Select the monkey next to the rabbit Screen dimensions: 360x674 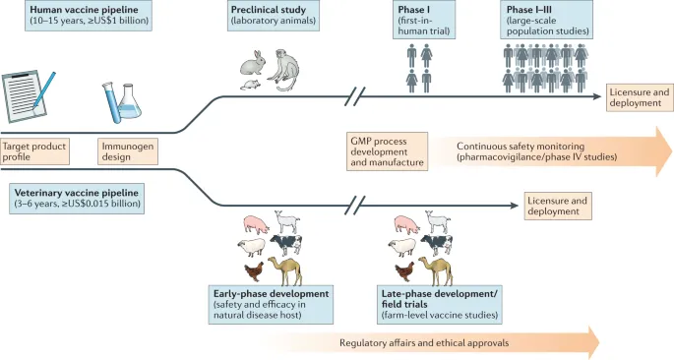coord(283,69)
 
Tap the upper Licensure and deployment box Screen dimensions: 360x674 coord(639,97)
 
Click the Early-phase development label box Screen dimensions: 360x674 coord(271,302)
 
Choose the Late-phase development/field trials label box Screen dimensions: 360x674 coord(440,302)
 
